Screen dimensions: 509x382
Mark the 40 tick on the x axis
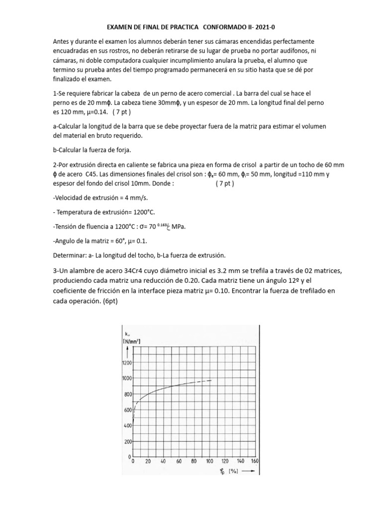coord(162,461)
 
